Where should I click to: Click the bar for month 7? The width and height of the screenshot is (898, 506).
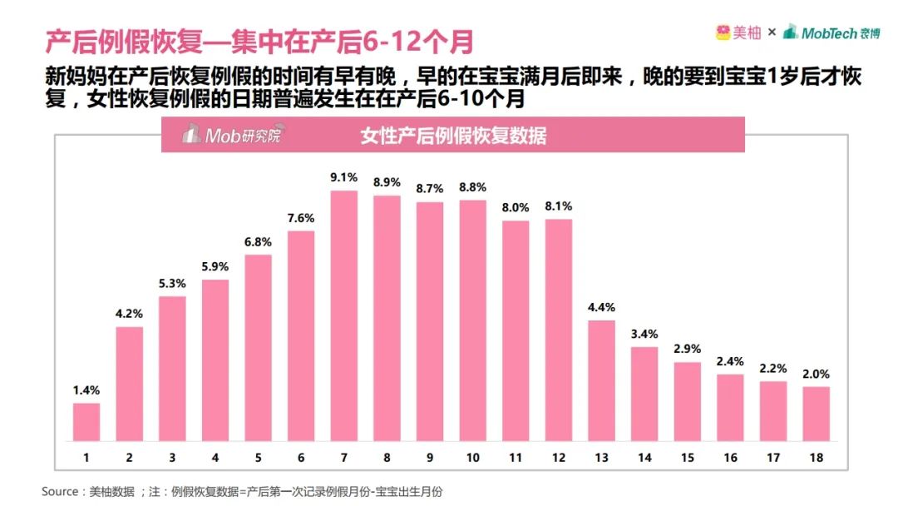[x=344, y=316]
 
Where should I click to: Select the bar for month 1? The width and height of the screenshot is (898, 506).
[x=86, y=422]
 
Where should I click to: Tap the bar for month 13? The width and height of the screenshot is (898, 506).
[x=601, y=380]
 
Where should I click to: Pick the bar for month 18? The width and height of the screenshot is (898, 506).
[x=816, y=414]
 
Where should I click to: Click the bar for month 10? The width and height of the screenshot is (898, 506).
[x=472, y=320]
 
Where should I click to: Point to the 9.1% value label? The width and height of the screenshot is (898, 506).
[x=344, y=177]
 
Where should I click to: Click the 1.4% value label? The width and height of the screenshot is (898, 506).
[x=86, y=390]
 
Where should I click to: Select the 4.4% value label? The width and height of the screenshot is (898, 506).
[x=601, y=307]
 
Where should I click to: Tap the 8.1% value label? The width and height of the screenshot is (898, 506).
[x=558, y=206]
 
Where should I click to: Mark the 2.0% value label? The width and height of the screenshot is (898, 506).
[x=816, y=374]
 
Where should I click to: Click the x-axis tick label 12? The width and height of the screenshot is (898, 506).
[x=558, y=458]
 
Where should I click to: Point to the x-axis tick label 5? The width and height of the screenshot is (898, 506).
[x=259, y=458]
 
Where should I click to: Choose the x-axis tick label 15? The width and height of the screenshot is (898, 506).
[x=687, y=458]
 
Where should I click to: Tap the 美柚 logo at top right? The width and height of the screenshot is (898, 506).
[x=738, y=32]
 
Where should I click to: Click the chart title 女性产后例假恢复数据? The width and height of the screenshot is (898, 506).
[x=453, y=136]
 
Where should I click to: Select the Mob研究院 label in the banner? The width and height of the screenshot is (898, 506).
[x=232, y=136]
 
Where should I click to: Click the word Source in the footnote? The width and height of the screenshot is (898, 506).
[x=60, y=492]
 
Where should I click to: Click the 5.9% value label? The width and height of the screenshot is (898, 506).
[x=215, y=266]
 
